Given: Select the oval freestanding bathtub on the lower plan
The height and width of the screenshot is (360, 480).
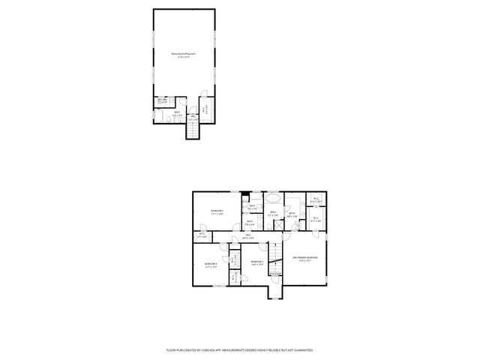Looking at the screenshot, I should point(273,199).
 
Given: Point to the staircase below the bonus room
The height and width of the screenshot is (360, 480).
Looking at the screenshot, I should point(193,130).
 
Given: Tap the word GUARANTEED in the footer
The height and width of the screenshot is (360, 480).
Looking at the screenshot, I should point(302,350).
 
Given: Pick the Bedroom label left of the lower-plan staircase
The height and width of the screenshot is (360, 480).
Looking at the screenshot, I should point(256,262).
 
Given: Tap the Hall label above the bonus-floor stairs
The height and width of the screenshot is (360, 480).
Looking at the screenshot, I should point(193,117).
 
